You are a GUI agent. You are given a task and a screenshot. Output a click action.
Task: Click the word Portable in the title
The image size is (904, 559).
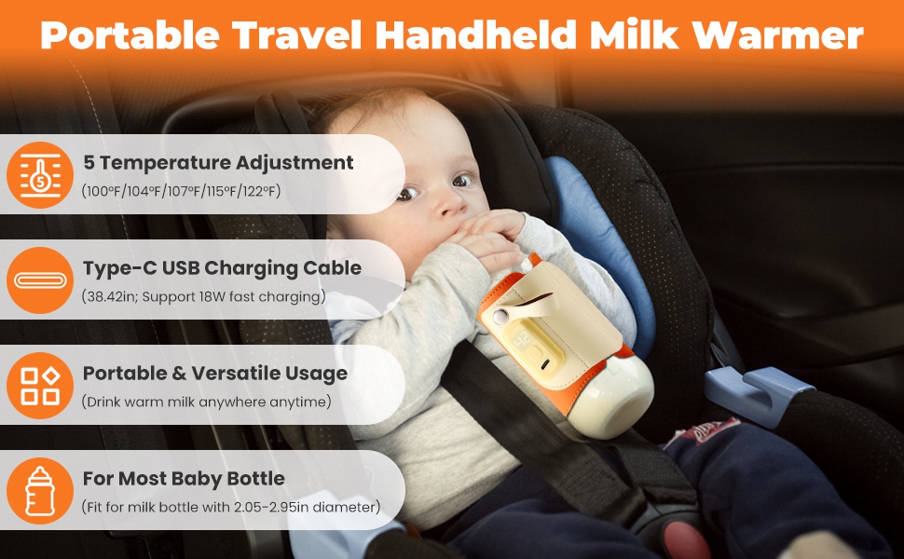130,35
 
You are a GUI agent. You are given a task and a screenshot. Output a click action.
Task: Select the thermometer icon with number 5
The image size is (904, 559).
40,175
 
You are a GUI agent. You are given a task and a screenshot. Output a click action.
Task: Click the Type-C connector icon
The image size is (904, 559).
40,280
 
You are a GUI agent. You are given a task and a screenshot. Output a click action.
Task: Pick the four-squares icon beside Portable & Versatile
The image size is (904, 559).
40,386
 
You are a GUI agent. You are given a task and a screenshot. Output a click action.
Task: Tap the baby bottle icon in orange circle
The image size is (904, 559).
40,491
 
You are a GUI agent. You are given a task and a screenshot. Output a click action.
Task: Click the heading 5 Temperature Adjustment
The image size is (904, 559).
218,162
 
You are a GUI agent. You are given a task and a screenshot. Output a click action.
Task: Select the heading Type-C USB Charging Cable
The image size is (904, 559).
222,268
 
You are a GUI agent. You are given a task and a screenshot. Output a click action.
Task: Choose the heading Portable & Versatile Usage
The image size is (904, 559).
215,374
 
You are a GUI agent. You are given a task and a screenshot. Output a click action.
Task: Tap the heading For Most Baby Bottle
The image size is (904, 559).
184,478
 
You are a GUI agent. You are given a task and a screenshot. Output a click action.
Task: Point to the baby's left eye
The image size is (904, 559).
462,180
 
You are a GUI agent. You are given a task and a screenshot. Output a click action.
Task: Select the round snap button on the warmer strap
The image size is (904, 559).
501,317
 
